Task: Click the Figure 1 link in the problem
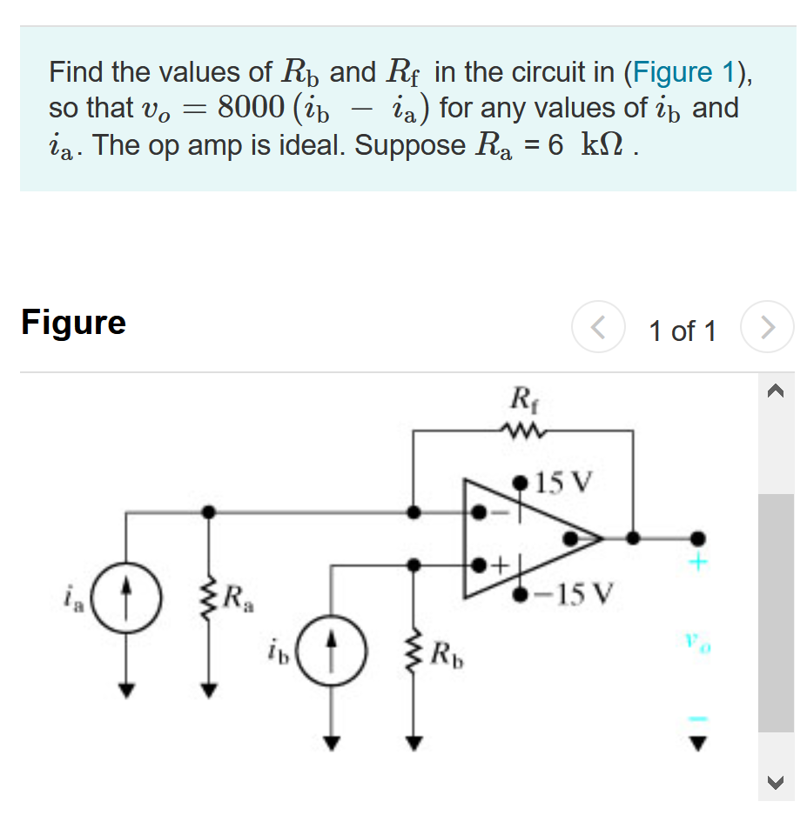683,71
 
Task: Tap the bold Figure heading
74,322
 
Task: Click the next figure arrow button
767,328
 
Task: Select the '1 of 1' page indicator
683,331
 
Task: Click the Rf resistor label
521,402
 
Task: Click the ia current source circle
127,598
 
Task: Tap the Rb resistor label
447,651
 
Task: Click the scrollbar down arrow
776,784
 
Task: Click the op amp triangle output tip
601,538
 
